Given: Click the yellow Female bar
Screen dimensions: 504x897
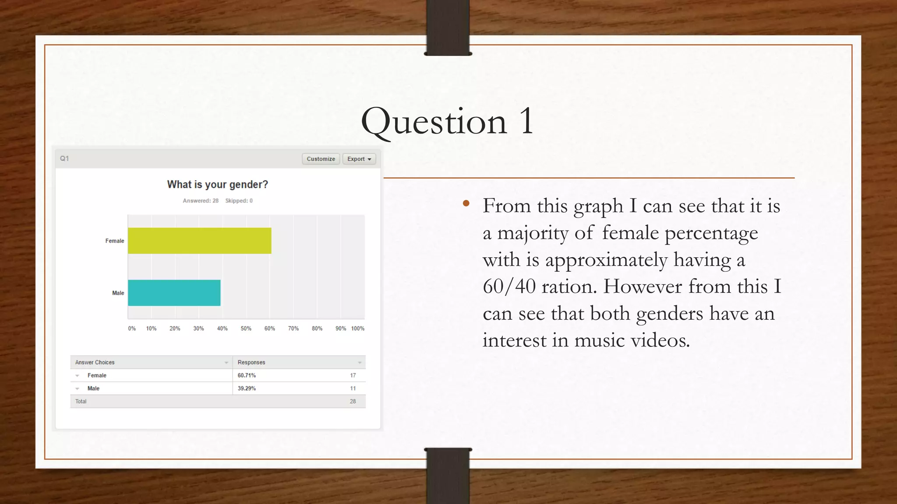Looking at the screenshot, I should (x=199, y=241).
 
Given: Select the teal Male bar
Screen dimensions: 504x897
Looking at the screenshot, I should (x=174, y=293).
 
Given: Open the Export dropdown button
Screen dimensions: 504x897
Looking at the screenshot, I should (x=359, y=159).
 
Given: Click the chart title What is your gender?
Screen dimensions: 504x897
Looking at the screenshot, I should (x=217, y=185).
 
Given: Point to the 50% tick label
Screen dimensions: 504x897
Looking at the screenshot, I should (x=246, y=329).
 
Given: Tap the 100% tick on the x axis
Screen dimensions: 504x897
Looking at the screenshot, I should (x=357, y=329).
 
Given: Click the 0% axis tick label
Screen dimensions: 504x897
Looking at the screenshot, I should (x=132, y=329).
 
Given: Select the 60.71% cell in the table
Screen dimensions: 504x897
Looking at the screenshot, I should (x=247, y=375).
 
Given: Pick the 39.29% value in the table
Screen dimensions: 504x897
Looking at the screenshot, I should (x=247, y=388).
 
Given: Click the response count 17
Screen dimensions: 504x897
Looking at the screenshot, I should (x=353, y=375).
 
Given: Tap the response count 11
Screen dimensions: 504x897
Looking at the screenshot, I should (x=353, y=388).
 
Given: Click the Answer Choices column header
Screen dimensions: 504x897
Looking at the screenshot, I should (x=95, y=362).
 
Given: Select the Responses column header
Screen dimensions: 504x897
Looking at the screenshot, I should (x=251, y=362).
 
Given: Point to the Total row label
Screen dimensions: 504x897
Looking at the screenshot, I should (x=81, y=402).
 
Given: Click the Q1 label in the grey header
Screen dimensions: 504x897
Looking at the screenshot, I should (x=64, y=158).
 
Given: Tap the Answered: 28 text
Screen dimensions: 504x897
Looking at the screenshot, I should (x=201, y=201).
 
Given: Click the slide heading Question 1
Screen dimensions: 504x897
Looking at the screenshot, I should (x=447, y=122).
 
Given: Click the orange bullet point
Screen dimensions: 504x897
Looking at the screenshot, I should (x=466, y=203).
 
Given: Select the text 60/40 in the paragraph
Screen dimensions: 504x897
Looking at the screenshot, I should (x=509, y=287).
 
